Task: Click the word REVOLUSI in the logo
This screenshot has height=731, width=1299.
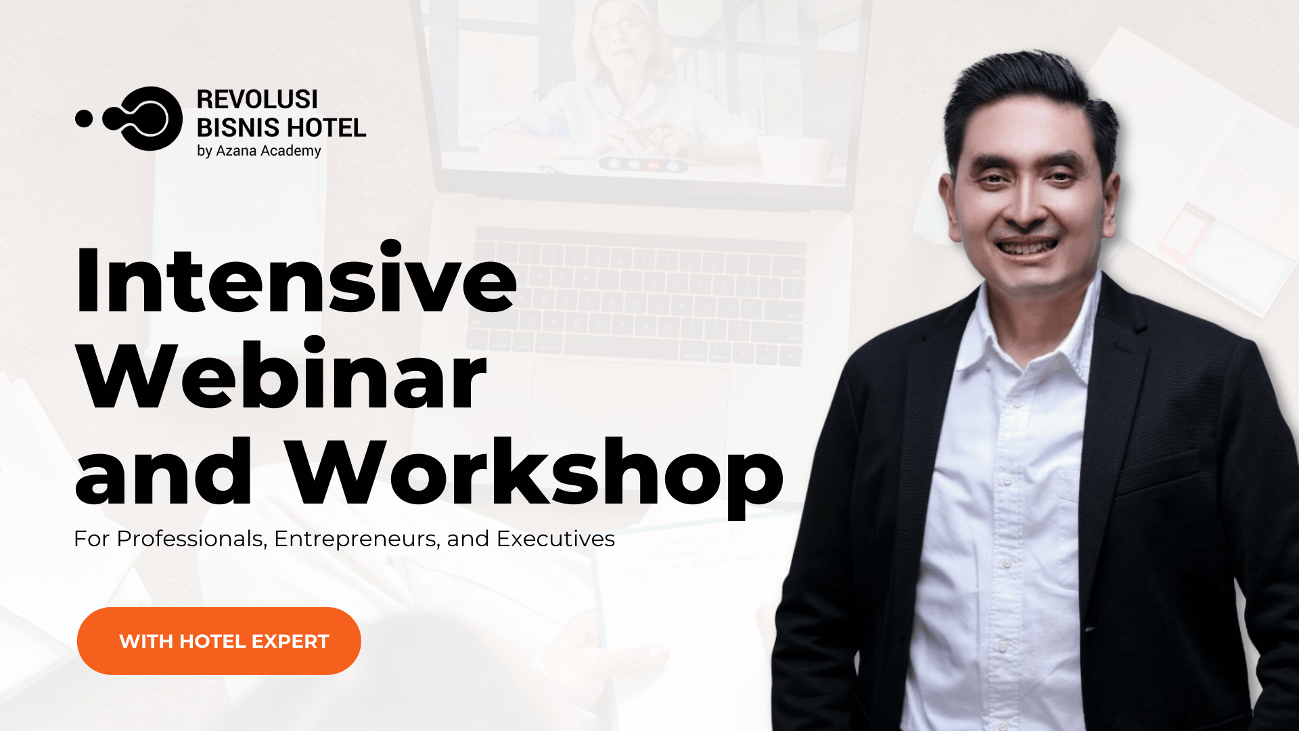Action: tap(257, 99)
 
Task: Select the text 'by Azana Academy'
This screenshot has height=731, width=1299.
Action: tap(259, 151)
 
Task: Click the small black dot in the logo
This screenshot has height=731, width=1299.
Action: tap(84, 118)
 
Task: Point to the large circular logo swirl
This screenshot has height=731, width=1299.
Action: tap(143, 118)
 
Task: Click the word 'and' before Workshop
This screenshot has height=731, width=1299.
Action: tap(164, 472)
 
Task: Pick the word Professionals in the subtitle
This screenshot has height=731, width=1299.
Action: tap(191, 539)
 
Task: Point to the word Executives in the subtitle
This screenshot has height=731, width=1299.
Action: tap(555, 539)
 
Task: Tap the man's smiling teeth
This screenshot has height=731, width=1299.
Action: tap(1026, 247)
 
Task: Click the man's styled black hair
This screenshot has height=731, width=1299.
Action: tap(1028, 102)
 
